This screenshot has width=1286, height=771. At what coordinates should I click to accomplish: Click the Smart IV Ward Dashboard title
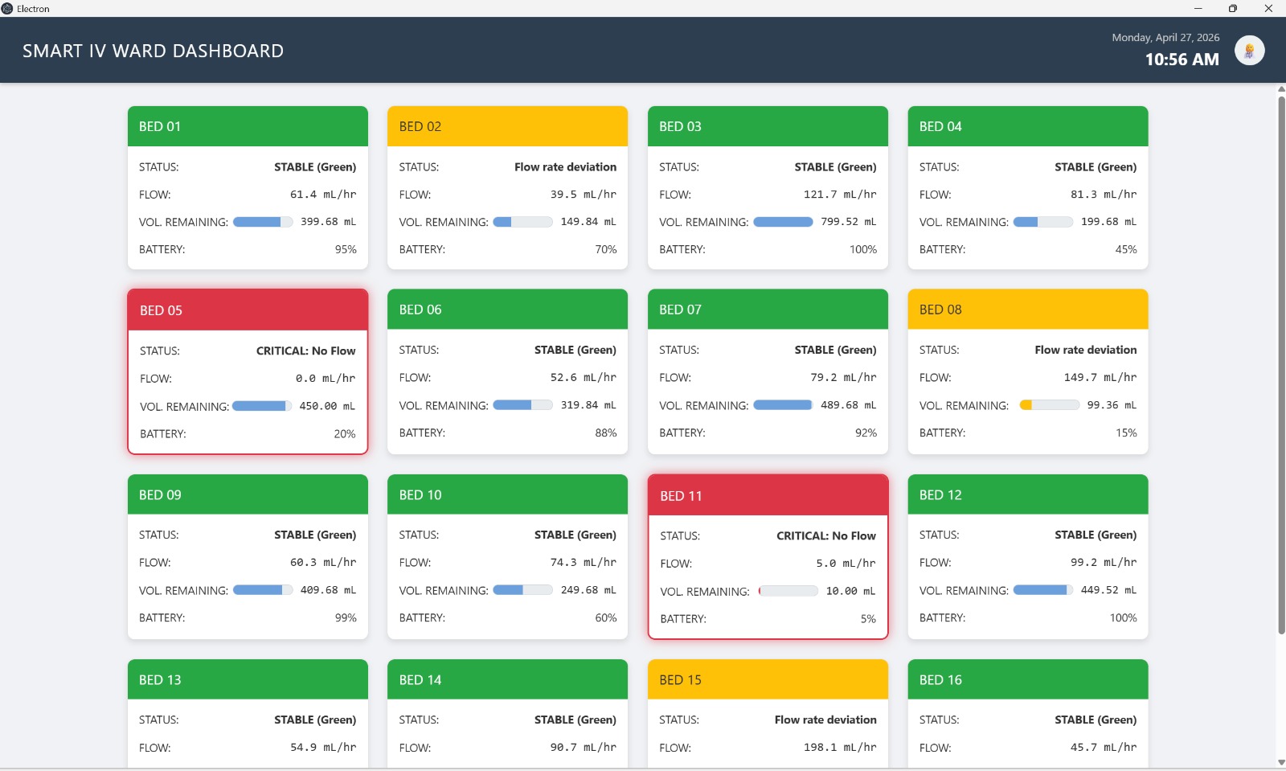153,51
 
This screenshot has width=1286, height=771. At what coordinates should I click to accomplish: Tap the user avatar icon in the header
1249,51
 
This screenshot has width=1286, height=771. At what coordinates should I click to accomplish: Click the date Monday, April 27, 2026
1165,37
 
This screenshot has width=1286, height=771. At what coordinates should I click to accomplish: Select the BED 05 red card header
248,310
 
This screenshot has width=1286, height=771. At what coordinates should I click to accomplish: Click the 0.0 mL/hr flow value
325,378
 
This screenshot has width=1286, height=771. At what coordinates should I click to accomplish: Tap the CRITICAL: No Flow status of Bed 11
825,535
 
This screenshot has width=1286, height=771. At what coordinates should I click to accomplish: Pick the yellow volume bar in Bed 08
1049,405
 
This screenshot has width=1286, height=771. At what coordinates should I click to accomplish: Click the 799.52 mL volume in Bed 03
848,222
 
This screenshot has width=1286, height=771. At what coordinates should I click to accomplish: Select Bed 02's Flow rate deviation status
565,167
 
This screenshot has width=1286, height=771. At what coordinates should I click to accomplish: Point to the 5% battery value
868,619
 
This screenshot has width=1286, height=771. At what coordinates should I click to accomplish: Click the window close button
1268,8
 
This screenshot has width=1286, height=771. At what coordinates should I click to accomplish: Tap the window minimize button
1198,8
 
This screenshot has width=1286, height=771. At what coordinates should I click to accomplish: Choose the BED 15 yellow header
768,680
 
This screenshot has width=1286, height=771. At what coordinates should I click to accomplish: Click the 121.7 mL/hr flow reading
839,195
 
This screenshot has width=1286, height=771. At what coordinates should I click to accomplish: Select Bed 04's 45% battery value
1125,249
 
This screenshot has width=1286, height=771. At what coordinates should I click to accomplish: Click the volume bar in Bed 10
522,590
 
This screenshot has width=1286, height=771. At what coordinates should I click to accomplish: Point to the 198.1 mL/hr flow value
839,747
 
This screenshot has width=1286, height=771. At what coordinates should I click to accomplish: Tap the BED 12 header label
940,495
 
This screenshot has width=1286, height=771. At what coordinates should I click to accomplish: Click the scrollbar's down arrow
1280,762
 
